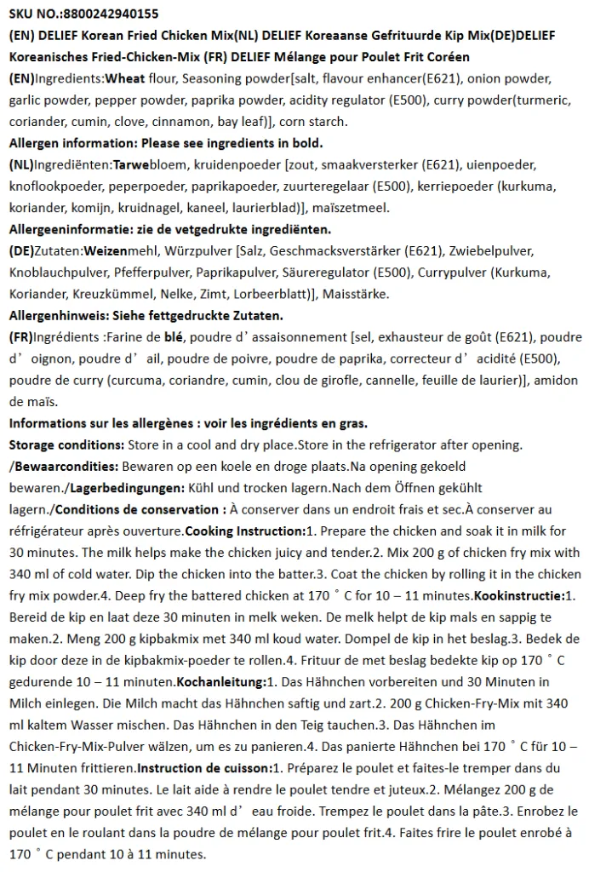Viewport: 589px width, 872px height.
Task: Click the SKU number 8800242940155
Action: click(111, 14)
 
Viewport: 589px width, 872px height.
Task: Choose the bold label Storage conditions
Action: click(66, 445)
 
